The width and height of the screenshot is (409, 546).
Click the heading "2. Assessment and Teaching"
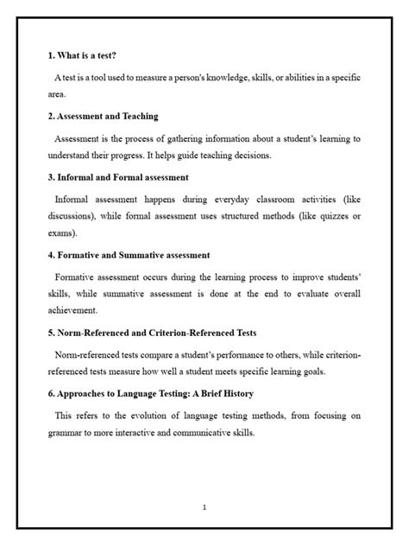coord(103,116)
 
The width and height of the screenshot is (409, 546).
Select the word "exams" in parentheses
coord(63,233)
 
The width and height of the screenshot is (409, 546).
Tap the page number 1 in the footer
coord(204,507)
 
